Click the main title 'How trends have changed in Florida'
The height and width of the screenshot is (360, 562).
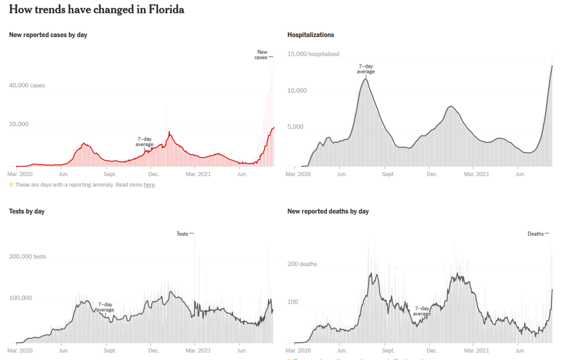tap(97, 10)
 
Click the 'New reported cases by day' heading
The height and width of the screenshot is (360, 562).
tap(48, 35)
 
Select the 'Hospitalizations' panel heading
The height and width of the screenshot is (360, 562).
tap(311, 35)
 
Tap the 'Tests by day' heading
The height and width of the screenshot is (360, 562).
tap(27, 211)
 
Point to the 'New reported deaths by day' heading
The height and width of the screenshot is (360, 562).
tap(328, 211)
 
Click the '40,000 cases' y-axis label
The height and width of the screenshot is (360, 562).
tap(27, 85)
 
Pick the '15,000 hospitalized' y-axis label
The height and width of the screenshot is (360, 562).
tap(313, 54)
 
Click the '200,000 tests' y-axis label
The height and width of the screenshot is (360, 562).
tap(28, 256)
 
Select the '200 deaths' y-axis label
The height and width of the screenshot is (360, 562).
tap(302, 264)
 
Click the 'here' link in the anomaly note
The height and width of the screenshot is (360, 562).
tap(149, 185)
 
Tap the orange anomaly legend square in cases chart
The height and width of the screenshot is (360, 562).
tap(11, 185)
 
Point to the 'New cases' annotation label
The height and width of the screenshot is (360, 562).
tap(262, 54)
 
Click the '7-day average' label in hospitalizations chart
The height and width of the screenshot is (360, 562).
tap(366, 69)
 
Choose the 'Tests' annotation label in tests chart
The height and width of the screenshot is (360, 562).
tap(182, 233)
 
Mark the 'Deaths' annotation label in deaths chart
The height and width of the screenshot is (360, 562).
tap(535, 233)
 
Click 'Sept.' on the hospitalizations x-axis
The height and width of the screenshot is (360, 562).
tap(388, 174)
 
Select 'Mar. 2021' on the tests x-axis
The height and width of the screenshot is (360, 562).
tap(198, 350)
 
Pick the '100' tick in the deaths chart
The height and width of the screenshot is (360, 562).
tap(292, 301)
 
